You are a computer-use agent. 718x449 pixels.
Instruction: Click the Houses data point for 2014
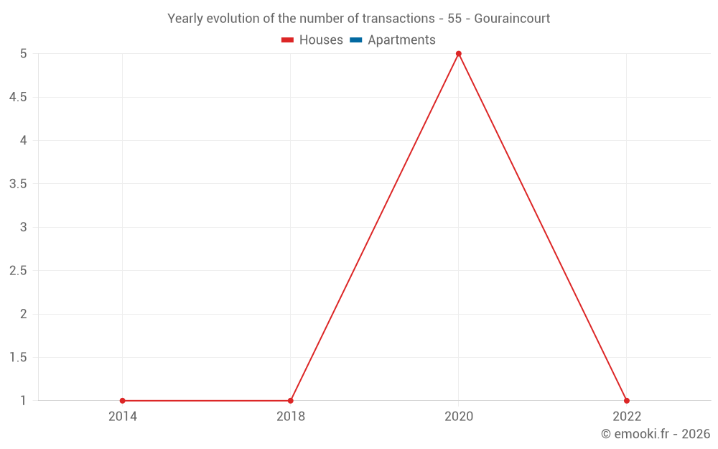click(x=123, y=401)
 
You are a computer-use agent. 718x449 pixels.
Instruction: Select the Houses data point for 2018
click(x=291, y=401)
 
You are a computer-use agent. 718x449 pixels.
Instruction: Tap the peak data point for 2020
click(x=459, y=54)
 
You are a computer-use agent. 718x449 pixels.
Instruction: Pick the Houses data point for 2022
click(x=627, y=401)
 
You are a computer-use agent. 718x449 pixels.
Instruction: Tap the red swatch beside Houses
click(x=288, y=40)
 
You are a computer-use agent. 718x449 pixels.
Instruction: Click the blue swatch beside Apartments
click(x=356, y=40)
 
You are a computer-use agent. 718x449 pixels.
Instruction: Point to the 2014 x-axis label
click(x=123, y=416)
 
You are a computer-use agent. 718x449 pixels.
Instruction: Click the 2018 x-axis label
click(x=291, y=416)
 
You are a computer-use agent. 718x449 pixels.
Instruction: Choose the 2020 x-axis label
click(x=459, y=416)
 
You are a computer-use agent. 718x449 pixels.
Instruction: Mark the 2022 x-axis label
click(x=627, y=416)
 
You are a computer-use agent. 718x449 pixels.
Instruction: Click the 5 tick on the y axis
click(x=24, y=54)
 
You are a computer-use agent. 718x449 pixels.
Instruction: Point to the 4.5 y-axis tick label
click(x=18, y=97)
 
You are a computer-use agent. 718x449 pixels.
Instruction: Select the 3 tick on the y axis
click(x=24, y=228)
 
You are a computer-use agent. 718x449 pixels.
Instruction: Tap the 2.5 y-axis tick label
click(x=18, y=271)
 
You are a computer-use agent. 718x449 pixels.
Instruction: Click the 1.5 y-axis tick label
click(x=18, y=358)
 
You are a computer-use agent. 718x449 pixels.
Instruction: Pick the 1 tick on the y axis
click(x=24, y=401)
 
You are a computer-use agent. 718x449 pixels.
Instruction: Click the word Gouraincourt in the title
click(x=512, y=18)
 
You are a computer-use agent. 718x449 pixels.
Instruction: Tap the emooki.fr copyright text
click(x=656, y=434)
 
